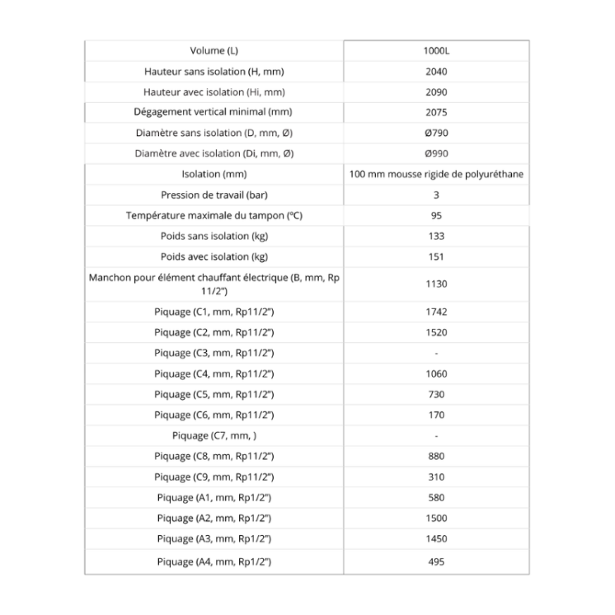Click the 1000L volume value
(436, 51)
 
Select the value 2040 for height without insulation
(436, 72)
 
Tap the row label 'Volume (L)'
(214, 51)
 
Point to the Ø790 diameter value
(436, 133)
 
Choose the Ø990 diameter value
(436, 153)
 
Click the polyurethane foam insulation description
(436, 174)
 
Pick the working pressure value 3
(436, 195)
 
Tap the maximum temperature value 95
(436, 216)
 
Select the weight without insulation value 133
(436, 237)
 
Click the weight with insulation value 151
(436, 256)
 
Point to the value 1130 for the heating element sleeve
(436, 284)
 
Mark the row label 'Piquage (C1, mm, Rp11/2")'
(214, 312)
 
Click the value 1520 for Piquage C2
(436, 332)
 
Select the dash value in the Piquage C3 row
(436, 353)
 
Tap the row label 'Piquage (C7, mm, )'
(214, 435)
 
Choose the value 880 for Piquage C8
(436, 456)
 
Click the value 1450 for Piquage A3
(436, 538)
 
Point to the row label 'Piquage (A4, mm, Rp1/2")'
(214, 561)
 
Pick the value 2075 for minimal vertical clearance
(436, 112)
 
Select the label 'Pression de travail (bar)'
(214, 195)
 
